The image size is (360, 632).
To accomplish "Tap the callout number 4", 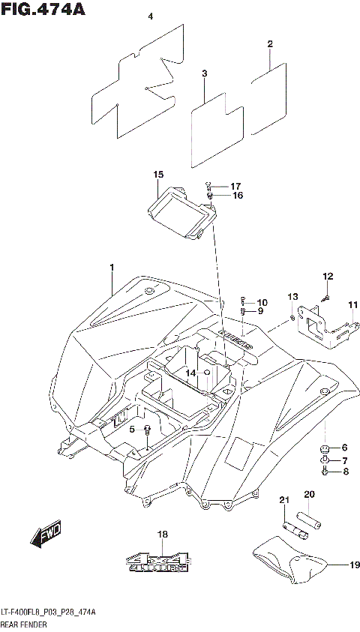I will click(x=150, y=16).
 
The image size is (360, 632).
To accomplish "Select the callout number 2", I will click(x=269, y=44).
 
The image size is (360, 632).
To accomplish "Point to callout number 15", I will click(x=158, y=175).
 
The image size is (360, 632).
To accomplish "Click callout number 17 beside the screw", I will click(x=235, y=186).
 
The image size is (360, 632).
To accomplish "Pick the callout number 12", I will click(x=327, y=277).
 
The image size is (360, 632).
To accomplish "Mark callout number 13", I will click(x=292, y=298).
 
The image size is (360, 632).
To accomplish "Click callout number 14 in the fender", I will click(x=191, y=373).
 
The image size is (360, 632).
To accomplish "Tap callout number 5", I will click(x=132, y=430).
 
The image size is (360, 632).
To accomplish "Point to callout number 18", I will click(x=163, y=535).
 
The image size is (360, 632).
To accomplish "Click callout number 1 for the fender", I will click(x=111, y=268).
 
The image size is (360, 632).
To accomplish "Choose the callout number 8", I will click(x=345, y=472).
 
